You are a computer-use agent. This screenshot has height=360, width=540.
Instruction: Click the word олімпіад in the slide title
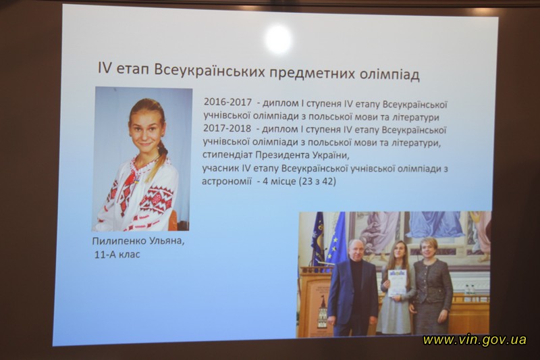389,74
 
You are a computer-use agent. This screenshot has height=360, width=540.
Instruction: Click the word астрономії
227,181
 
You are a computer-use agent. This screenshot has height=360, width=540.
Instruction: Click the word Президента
282,155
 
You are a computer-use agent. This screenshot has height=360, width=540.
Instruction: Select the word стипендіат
227,155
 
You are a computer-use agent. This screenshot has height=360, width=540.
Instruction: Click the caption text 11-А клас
117,255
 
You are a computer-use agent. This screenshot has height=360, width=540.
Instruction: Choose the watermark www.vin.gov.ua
475,340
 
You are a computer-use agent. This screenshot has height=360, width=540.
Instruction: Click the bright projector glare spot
279,39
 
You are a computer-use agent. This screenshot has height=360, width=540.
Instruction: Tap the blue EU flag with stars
335,238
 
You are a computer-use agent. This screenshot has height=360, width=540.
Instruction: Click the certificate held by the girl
397,282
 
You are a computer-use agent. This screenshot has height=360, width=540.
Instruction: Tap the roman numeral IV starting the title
105,68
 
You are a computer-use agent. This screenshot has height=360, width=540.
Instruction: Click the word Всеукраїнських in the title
210,72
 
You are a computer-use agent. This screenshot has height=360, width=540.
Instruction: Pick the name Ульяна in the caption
166,241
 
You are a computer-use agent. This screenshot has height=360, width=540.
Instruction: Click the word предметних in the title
313,73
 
